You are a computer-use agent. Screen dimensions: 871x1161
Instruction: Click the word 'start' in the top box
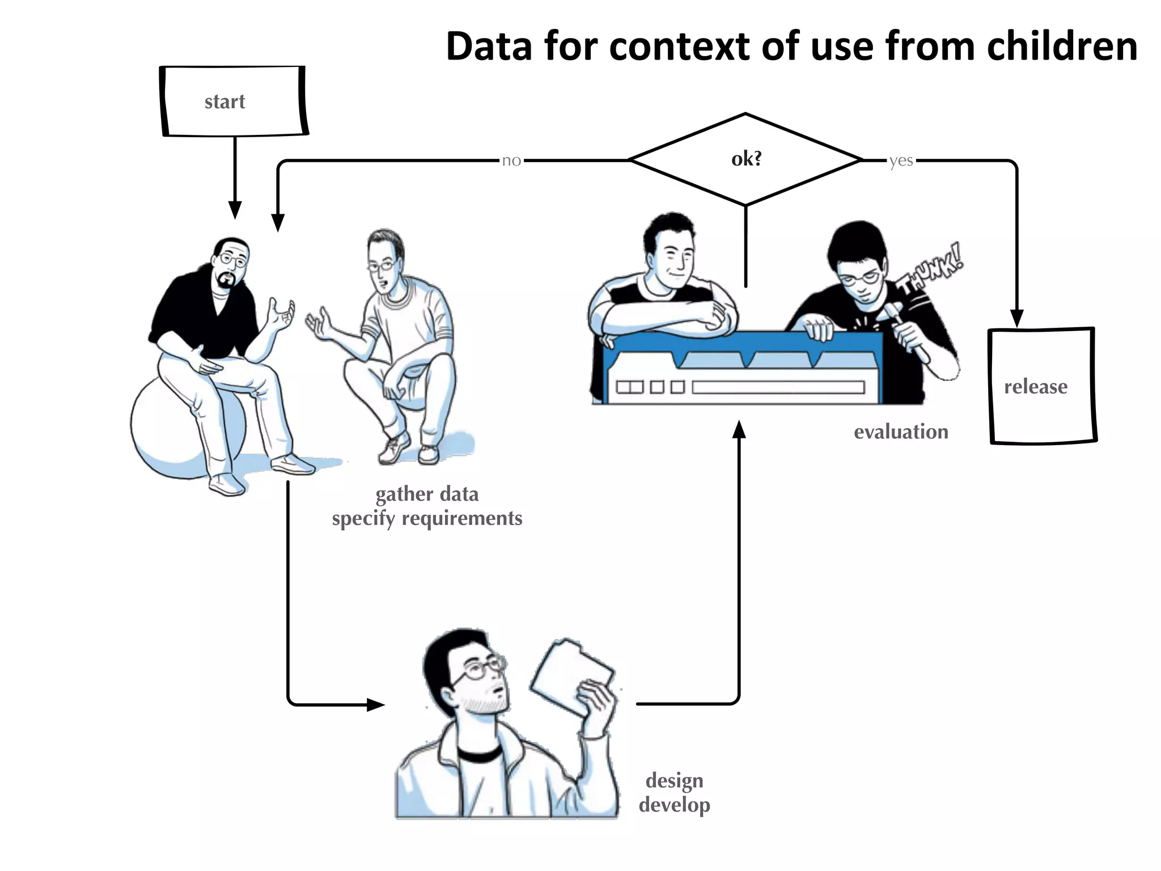pos(224,102)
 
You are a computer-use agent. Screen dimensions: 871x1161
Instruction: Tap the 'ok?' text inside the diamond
pos(746,159)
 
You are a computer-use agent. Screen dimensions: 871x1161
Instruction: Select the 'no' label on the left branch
pos(511,160)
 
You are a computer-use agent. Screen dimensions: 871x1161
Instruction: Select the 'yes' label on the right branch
pos(901,161)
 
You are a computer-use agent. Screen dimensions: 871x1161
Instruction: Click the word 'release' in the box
pos(1035,387)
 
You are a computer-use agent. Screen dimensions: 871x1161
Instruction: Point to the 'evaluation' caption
pos(901,432)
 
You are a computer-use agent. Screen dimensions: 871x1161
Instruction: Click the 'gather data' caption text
pos(427,494)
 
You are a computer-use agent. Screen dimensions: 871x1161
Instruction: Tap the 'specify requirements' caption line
pos(427,518)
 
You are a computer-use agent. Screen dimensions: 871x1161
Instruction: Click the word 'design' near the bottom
pos(674,781)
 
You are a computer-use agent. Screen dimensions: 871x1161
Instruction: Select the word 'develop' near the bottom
pos(674,805)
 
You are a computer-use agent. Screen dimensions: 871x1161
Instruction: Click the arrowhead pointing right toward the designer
pos(375,705)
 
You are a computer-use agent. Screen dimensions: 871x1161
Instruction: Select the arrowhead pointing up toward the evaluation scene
pos(739,430)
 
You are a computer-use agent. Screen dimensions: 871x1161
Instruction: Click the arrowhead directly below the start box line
pos(235,210)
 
